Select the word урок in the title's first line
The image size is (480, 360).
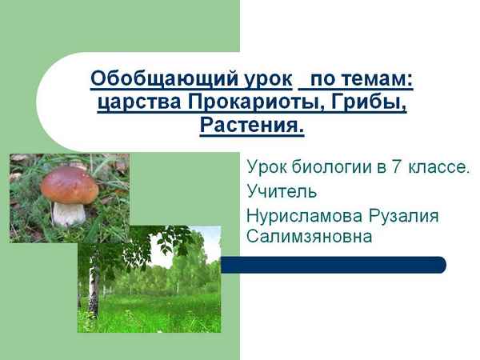click(268, 79)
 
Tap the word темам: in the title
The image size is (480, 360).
click(376, 79)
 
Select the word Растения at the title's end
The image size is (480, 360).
click(251, 126)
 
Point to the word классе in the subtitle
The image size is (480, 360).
click(438, 168)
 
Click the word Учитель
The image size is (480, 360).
click(282, 192)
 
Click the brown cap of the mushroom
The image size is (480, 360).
click(70, 185)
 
